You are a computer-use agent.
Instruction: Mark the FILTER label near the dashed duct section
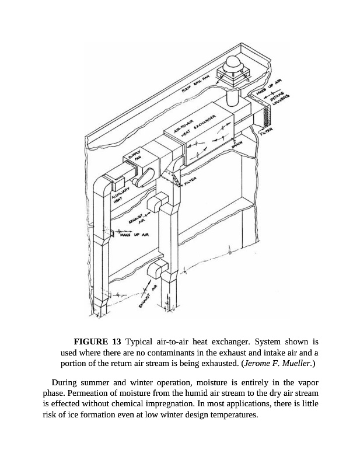(x=192, y=183)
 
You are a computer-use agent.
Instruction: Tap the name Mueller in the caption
(x=295, y=364)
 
